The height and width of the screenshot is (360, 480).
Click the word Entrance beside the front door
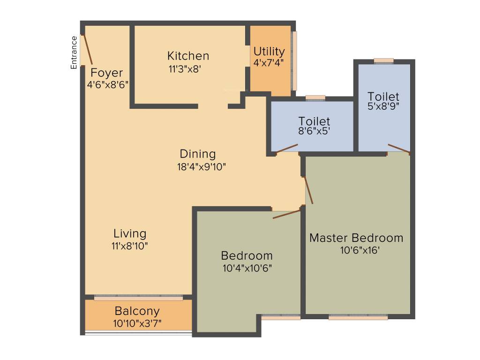click(x=74, y=52)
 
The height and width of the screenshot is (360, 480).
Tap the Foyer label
click(x=107, y=73)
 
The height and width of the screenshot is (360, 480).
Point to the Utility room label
click(x=269, y=51)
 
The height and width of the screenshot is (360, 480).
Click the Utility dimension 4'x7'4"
click(x=269, y=62)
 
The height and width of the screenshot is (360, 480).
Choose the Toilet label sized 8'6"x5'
click(x=315, y=121)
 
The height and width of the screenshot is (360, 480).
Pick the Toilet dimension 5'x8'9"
click(x=383, y=106)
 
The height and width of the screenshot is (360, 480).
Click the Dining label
click(x=198, y=154)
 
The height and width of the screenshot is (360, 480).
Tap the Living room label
click(x=130, y=233)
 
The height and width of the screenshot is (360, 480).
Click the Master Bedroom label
click(x=356, y=238)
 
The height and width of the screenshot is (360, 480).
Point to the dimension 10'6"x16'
click(x=360, y=250)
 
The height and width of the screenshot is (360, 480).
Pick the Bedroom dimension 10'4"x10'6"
click(x=247, y=268)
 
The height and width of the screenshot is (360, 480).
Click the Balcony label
click(x=137, y=311)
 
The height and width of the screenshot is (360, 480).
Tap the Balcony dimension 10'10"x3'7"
click(x=137, y=323)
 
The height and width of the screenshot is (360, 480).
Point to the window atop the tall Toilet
click(x=383, y=60)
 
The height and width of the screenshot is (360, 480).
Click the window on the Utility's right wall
click(x=294, y=60)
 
